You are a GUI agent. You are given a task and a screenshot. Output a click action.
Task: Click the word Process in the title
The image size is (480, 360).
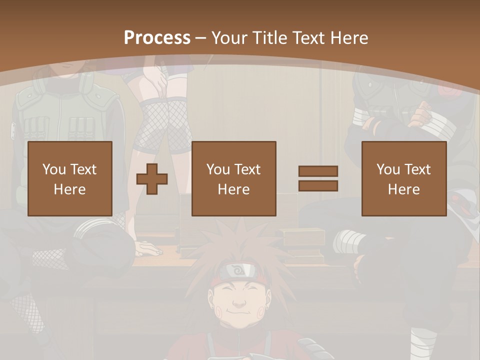click(x=157, y=37)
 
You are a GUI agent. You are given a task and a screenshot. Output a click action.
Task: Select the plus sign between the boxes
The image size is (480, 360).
click(x=152, y=179)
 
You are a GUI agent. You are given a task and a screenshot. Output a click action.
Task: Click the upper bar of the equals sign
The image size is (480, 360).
click(x=318, y=171)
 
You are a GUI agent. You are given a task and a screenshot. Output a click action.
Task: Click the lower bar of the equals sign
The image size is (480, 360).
click(x=318, y=186)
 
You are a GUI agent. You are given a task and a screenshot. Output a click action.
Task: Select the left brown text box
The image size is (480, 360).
click(x=69, y=178)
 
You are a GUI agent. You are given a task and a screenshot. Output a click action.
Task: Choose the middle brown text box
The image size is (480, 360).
click(x=233, y=178)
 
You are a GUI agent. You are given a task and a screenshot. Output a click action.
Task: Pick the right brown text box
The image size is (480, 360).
click(x=403, y=178)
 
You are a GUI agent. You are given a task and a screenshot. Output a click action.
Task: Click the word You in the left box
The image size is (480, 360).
click(x=53, y=169)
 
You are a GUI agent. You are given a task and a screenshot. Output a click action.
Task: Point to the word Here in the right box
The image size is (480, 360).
click(x=403, y=189)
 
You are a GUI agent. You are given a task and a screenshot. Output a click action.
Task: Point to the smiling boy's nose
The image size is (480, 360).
click(x=239, y=302)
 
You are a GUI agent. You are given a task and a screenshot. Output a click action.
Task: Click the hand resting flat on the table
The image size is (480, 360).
click(x=150, y=248)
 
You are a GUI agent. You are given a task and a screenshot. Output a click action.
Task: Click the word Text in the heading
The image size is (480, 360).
click(x=308, y=37)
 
